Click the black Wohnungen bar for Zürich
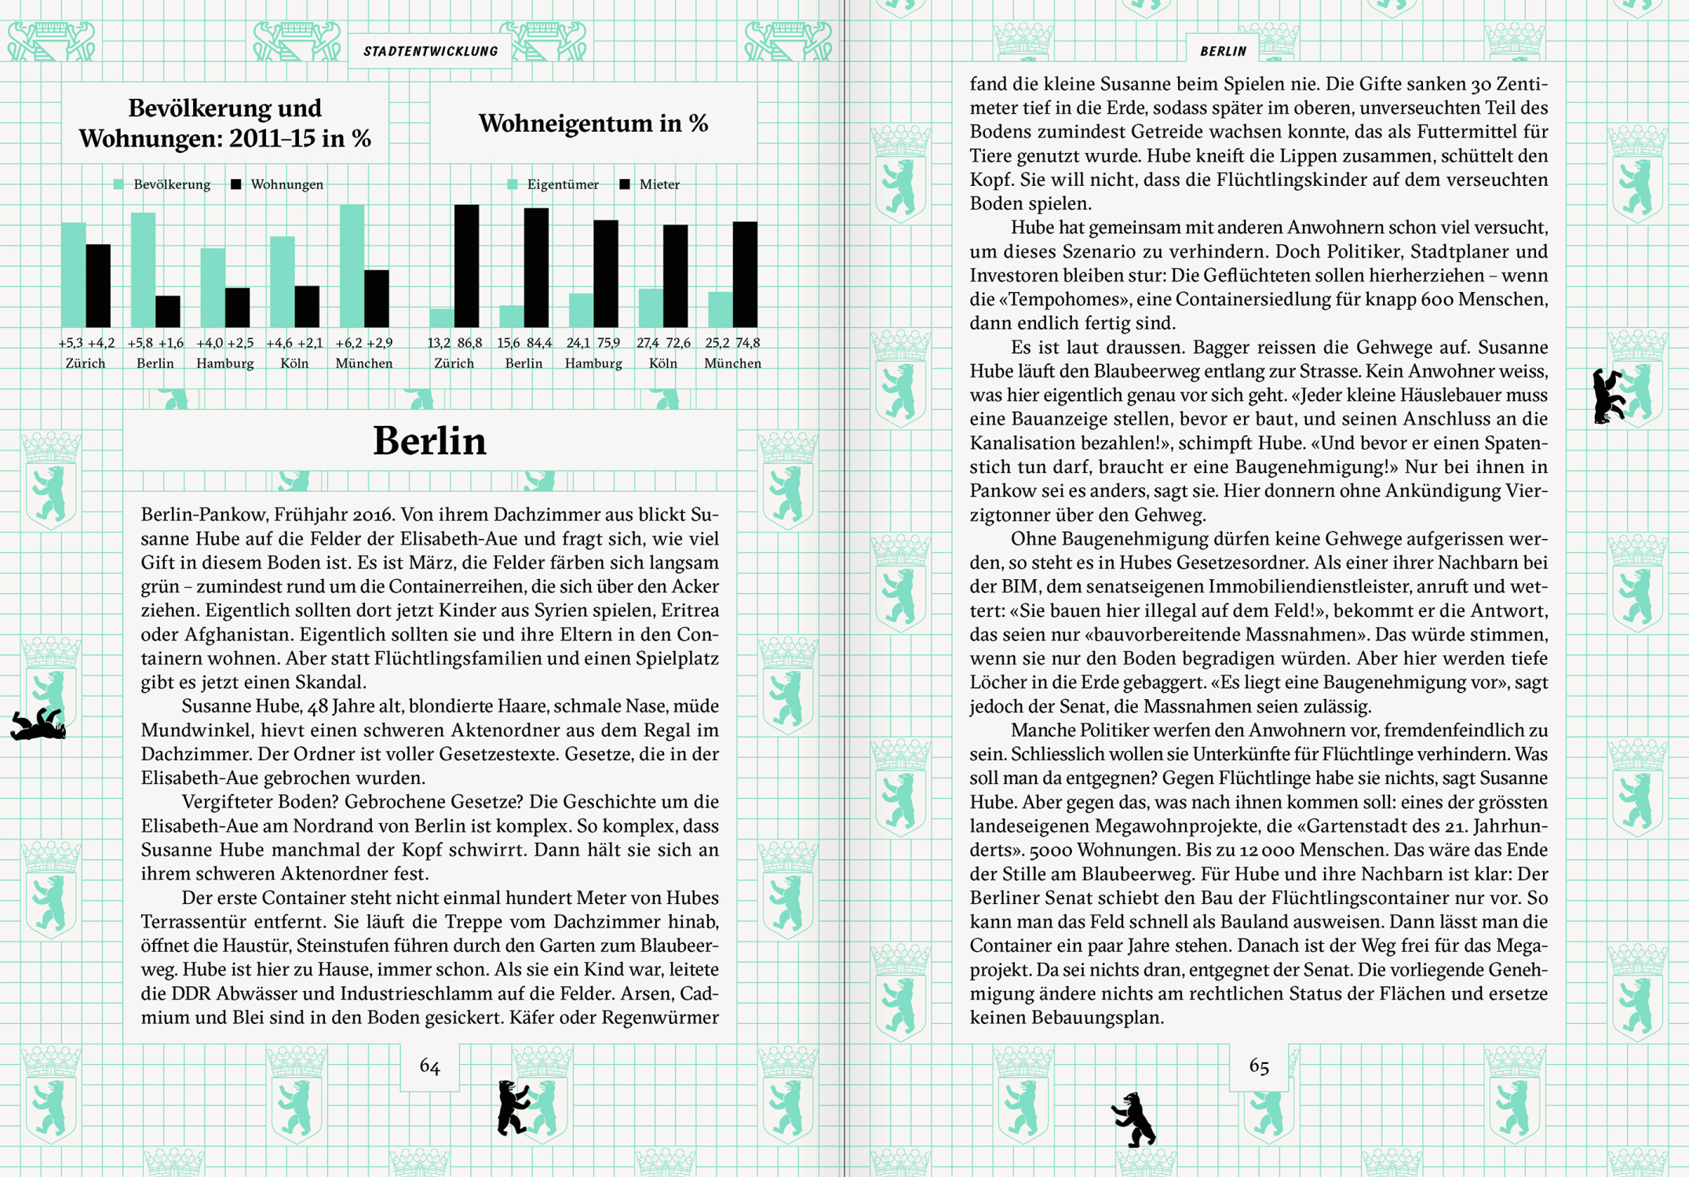(98, 286)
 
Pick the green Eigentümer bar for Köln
(650, 308)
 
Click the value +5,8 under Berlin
(141, 343)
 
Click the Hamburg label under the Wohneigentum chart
(593, 363)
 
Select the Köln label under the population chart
(294, 363)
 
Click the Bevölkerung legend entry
(163, 184)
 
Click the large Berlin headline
(429, 441)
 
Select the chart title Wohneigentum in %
(593, 123)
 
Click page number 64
(429, 1066)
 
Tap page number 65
(1259, 1066)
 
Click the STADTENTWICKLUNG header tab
(430, 52)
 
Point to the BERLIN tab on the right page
(1223, 52)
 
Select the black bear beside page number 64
(512, 1107)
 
